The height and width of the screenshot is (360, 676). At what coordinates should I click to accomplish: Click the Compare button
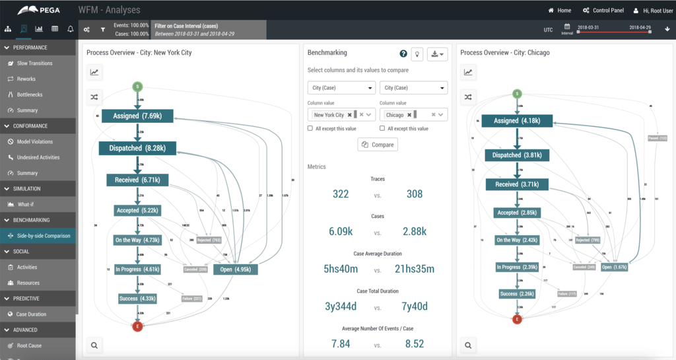pos(378,145)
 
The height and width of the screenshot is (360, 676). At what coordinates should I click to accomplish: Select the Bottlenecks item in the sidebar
pos(29,94)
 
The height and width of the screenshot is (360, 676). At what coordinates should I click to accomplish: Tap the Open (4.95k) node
pos(235,270)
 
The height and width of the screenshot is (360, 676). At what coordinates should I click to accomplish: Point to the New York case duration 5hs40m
pos(341,270)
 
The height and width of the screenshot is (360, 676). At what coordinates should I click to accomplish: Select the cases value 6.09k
pos(341,232)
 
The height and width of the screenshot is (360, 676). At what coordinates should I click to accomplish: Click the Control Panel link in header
pos(603,11)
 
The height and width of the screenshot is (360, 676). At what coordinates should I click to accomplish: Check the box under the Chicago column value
pos(384,129)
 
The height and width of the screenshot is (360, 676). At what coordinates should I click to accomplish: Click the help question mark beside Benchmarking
pos(403,54)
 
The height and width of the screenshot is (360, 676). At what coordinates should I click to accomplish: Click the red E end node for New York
pos(137,326)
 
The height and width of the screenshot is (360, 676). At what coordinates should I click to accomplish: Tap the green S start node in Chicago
pos(517,94)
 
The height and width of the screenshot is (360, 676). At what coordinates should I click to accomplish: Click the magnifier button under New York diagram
pos(94,345)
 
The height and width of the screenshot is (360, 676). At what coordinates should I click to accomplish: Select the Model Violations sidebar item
pos(34,141)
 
